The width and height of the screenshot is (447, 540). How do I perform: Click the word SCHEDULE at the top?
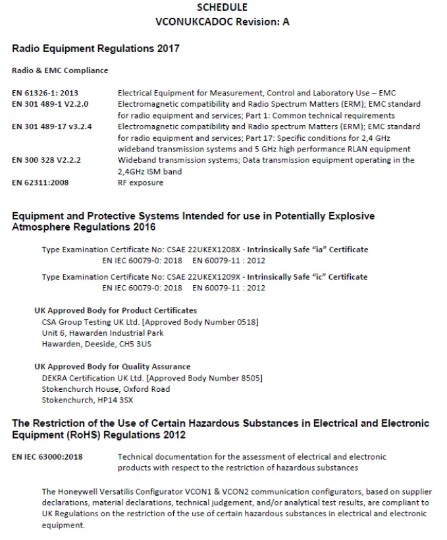coord(223,7)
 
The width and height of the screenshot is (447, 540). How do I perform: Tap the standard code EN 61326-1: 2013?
coord(45,93)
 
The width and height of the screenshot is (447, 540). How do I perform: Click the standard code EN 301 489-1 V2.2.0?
coord(50,104)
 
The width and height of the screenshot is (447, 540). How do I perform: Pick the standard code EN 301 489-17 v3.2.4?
coord(51,126)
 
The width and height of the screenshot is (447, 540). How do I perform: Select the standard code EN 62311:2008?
coord(40,182)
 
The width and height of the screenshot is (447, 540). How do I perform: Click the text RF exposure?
coord(140,182)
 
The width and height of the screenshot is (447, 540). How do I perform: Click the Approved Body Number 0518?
coord(246,321)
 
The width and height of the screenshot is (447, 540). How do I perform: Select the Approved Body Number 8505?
coord(250,377)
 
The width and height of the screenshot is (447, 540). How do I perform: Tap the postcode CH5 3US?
coord(141,344)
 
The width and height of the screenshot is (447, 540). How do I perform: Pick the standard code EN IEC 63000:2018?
coord(47,456)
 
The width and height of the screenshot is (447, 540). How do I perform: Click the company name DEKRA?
coord(54,377)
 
